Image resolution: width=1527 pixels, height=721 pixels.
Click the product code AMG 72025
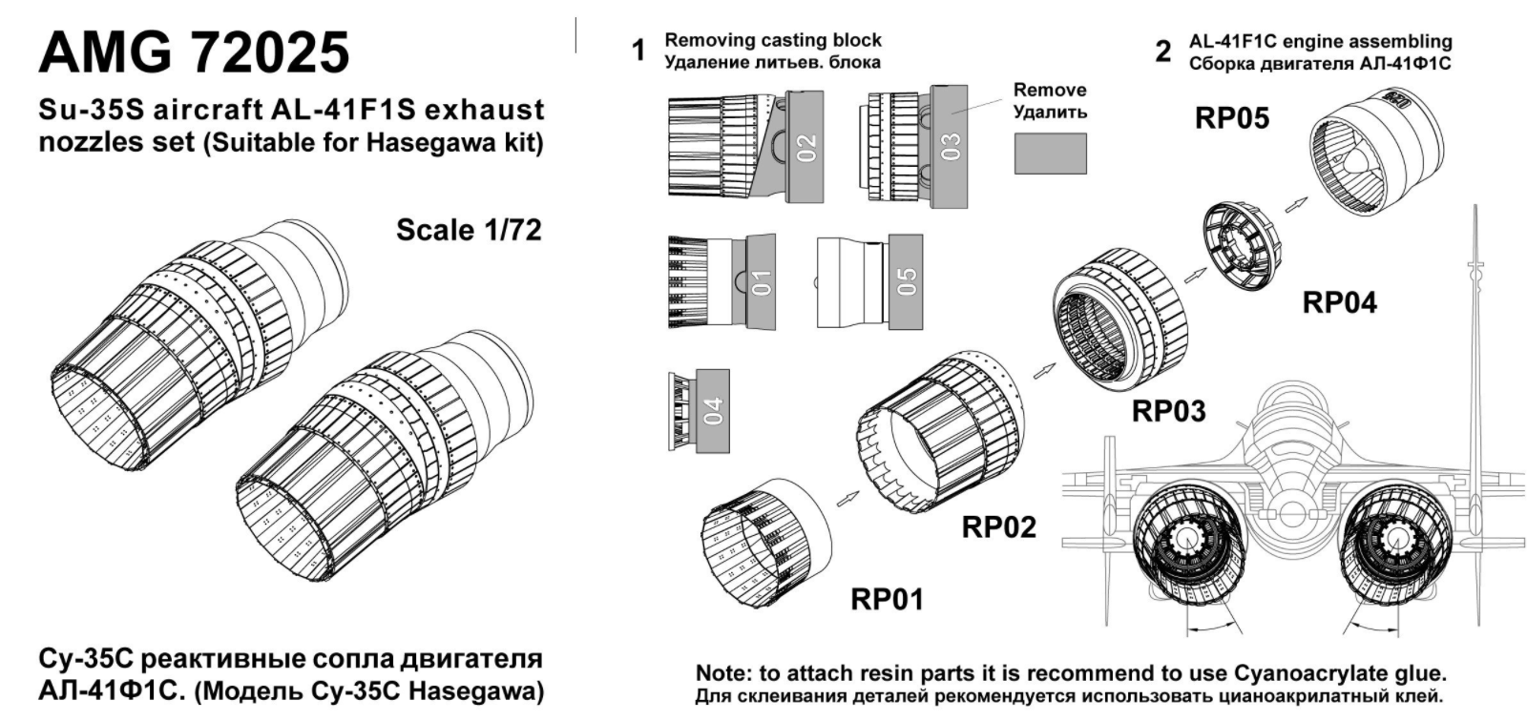pos(195,52)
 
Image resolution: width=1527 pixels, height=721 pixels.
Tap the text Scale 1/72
pos(469,230)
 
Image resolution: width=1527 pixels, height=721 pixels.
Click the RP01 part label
pos(888,599)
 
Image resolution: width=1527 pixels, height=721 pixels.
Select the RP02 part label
pos(998,526)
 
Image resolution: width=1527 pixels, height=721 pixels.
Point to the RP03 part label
pos(1168,411)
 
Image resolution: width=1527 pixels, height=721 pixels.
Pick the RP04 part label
pos(1340,302)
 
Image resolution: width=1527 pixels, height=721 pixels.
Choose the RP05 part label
pos(1232,118)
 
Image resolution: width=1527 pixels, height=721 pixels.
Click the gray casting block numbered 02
pos(805,147)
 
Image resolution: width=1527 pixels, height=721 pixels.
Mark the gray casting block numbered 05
pos(905,280)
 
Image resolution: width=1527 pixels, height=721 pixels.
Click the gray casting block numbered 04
pos(713,410)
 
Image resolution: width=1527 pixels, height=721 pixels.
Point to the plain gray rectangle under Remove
pos(1050,153)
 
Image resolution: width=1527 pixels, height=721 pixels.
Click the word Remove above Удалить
pos(1050,90)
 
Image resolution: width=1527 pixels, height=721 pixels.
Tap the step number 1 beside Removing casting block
pos(639,51)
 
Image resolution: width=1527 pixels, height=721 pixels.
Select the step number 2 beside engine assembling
pos(1162,51)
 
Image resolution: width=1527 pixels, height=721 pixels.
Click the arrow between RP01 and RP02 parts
pos(846,499)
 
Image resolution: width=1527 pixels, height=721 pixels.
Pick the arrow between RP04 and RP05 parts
pos(1295,203)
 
